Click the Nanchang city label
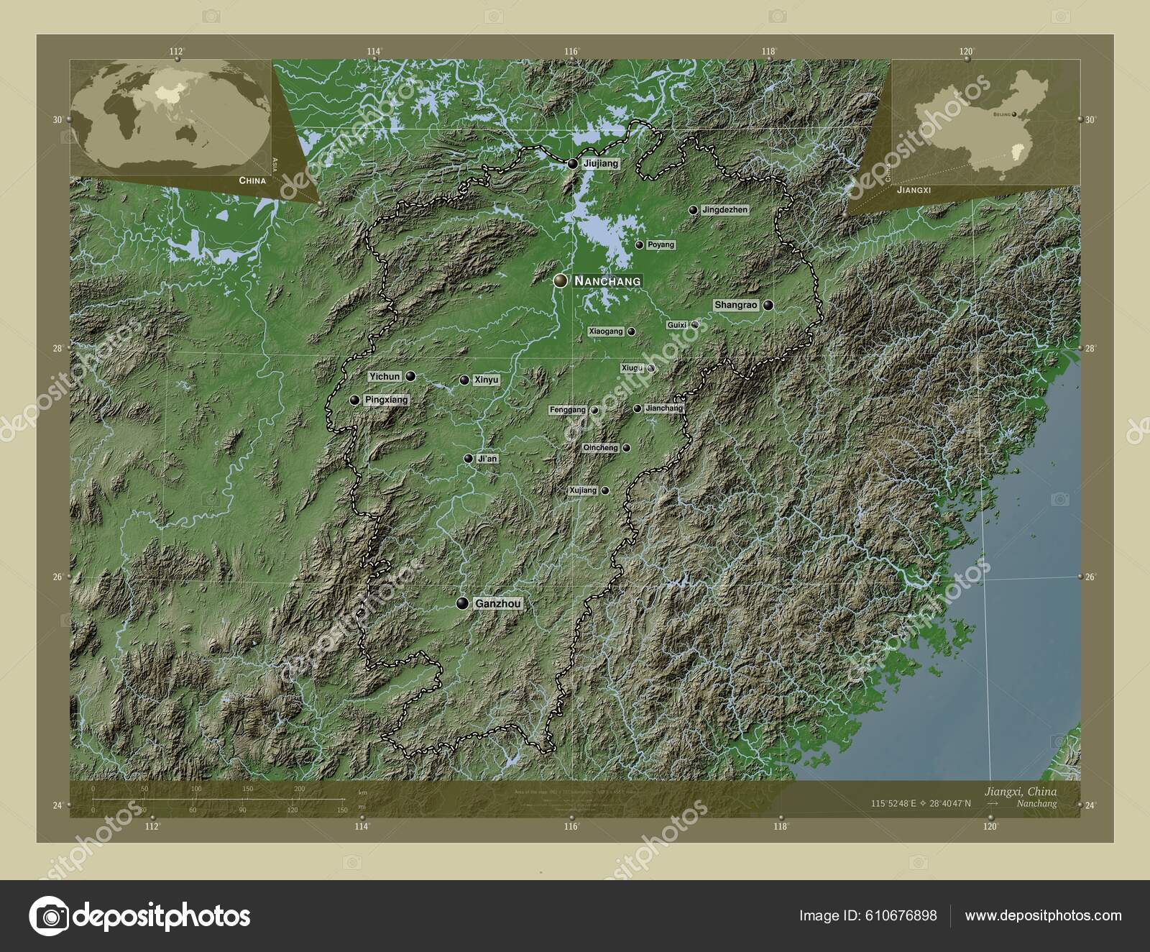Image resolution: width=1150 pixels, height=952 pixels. (x=607, y=281)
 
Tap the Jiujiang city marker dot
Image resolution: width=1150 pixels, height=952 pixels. (x=572, y=165)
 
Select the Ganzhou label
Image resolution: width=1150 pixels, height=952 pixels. (x=498, y=604)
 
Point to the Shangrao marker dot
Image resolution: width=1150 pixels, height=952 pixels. (x=768, y=306)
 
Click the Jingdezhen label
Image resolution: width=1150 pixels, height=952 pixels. (x=724, y=210)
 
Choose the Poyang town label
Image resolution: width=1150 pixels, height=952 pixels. (x=661, y=245)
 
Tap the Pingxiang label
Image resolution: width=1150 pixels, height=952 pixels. (x=386, y=400)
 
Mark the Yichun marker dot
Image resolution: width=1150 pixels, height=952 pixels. (x=410, y=376)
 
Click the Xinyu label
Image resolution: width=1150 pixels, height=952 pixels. (x=487, y=380)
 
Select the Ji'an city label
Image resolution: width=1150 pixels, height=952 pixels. (x=487, y=459)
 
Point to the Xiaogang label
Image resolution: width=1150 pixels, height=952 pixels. (x=605, y=331)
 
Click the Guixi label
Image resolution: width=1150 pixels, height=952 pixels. (x=677, y=325)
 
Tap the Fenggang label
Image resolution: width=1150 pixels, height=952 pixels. (x=568, y=410)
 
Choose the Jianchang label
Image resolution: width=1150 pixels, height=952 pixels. (x=664, y=408)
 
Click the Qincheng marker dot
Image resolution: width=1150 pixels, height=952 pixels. (x=627, y=448)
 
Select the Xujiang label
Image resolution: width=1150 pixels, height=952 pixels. (x=583, y=490)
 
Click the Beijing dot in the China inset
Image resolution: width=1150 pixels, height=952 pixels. (x=1014, y=114)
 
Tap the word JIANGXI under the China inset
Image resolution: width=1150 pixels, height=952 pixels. (x=914, y=191)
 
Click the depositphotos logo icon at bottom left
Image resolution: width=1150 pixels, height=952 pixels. (x=49, y=916)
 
